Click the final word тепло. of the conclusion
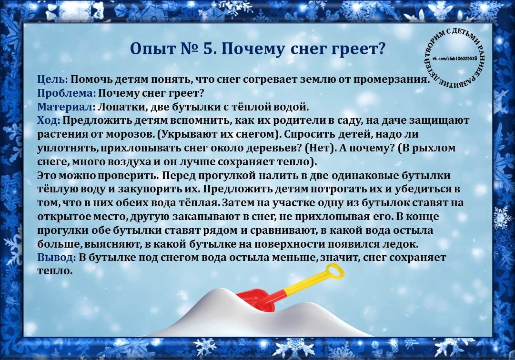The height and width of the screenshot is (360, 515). click(54, 271)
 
